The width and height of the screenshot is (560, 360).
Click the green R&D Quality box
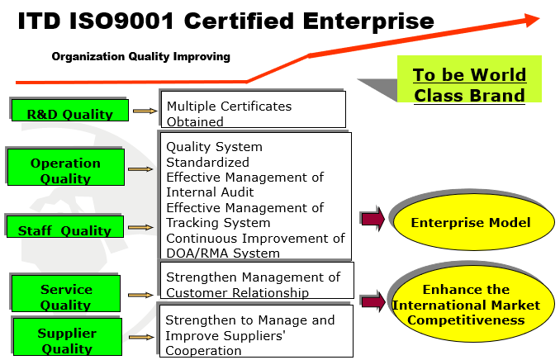[70, 111]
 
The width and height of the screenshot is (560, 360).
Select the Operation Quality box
[66, 167]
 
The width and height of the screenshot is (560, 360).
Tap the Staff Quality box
[65, 226]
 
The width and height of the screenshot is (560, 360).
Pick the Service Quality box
[66, 294]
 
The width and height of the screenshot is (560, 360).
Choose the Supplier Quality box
[68, 337]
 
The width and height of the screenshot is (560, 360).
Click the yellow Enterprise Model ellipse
[473, 222]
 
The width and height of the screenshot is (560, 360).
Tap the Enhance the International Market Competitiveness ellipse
[473, 304]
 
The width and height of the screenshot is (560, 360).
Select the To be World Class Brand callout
[469, 79]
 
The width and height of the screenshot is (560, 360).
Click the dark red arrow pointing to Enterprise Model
[373, 219]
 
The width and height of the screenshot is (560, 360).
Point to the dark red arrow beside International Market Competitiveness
[373, 301]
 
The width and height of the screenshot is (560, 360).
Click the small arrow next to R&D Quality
[145, 111]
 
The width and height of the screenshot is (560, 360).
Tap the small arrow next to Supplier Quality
[141, 337]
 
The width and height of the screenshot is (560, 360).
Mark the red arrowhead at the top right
[532, 20]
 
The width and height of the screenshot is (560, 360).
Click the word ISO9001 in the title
[121, 21]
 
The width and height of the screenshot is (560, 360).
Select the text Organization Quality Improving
[140, 56]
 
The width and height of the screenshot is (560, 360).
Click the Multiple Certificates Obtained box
[254, 109]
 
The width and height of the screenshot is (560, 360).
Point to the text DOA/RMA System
[223, 253]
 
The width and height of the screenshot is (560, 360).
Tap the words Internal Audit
[210, 192]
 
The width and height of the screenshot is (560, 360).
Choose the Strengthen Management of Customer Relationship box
[257, 281]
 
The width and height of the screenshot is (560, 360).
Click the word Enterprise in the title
[368, 21]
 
